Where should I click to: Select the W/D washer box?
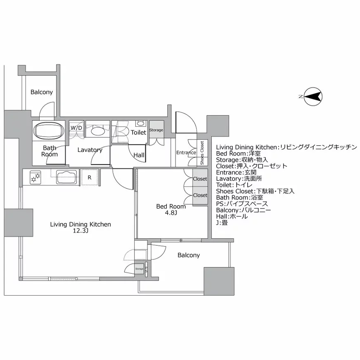pyautogui.click(x=76, y=128)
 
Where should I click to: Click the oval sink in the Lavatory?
pyautogui.click(x=98, y=132)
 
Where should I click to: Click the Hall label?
pyautogui.click(x=139, y=155)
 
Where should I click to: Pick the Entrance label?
pyautogui.click(x=186, y=153)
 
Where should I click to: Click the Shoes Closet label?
pyautogui.click(x=202, y=153)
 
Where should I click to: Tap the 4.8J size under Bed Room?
pyautogui.click(x=171, y=213)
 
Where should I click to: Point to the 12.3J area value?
pyautogui.click(x=80, y=231)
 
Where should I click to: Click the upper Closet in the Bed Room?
pyautogui.click(x=200, y=179)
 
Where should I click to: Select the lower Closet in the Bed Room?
pyautogui.click(x=200, y=195)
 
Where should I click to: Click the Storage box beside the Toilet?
pyautogui.click(x=156, y=130)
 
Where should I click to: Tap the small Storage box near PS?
pyautogui.click(x=139, y=269)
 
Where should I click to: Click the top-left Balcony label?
pyautogui.click(x=42, y=92)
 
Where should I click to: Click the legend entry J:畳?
pyautogui.click(x=222, y=223)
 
